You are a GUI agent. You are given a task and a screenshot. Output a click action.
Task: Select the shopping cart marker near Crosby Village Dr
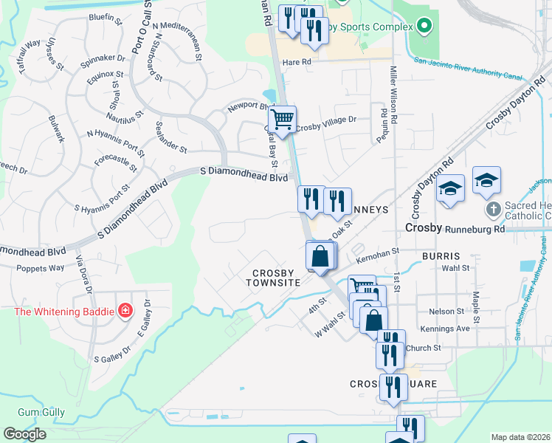[x=283, y=119]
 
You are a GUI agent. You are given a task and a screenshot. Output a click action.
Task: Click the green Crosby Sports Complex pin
[x=423, y=27]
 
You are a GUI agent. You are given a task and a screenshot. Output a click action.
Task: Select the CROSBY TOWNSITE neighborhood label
[x=273, y=278]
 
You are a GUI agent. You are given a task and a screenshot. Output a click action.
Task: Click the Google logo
[x=24, y=434]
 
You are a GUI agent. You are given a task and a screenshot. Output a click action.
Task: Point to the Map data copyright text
[x=520, y=437]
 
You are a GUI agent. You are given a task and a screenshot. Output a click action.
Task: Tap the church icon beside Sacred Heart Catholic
[x=494, y=209]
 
